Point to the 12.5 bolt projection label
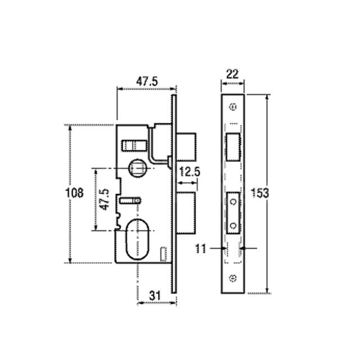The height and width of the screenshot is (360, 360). [190, 172]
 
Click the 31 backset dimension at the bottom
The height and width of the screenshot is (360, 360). [156, 295]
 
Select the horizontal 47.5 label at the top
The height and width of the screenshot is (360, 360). [146, 81]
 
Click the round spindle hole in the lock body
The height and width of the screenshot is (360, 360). [137, 167]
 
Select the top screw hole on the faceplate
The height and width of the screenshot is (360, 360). [233, 106]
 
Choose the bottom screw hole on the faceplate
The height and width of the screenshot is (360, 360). [233, 277]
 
